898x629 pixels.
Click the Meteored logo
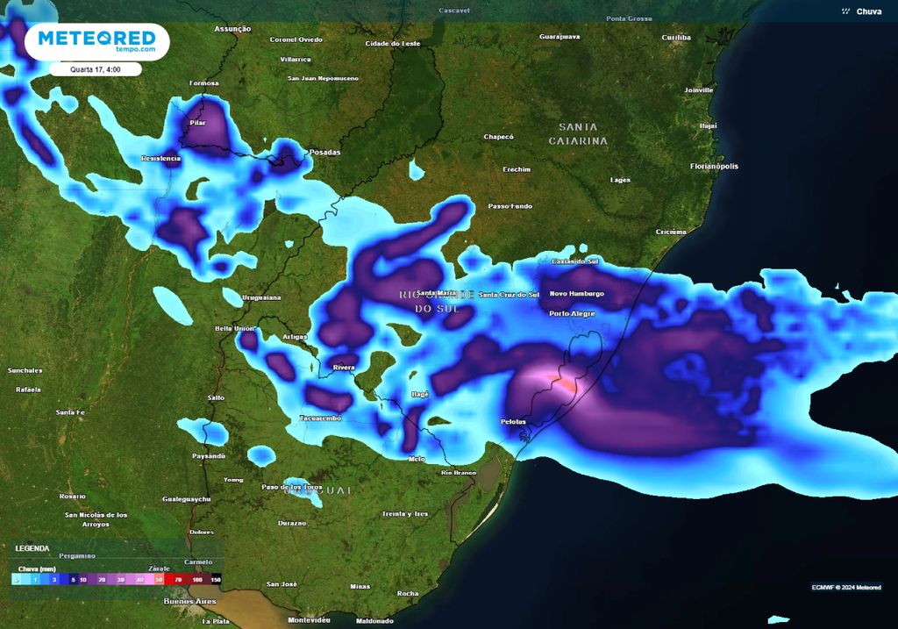[x=96, y=41]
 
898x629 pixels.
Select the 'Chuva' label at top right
[x=868, y=11]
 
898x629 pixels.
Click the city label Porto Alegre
[x=572, y=313]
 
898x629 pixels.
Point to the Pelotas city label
[x=514, y=422]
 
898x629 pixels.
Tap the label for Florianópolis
[x=714, y=166]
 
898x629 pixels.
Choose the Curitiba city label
[x=676, y=38]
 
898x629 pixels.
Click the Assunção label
[x=232, y=29]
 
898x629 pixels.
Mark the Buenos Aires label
[x=189, y=601]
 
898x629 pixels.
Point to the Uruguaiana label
[x=261, y=297]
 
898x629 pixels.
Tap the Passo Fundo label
[x=510, y=206]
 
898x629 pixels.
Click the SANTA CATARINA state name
[x=578, y=134]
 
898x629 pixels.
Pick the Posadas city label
[x=324, y=152]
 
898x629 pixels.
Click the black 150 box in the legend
[x=216, y=579]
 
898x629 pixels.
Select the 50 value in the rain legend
[x=159, y=579]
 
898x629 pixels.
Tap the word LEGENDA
[x=32, y=548]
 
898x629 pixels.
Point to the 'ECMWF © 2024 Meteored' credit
[x=845, y=587]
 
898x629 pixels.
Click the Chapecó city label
[x=498, y=137]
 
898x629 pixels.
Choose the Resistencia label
[x=160, y=159]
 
